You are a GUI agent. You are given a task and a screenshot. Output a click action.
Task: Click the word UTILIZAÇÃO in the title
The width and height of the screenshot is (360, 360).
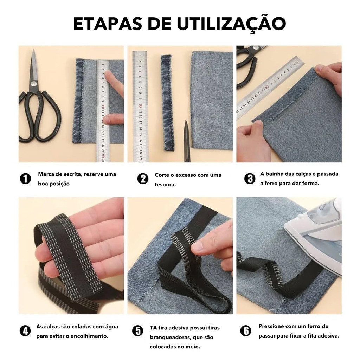click(231, 23)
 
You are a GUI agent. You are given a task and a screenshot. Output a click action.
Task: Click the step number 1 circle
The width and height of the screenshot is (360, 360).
click(25, 179)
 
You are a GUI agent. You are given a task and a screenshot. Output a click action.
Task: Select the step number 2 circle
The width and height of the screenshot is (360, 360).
click(143, 179)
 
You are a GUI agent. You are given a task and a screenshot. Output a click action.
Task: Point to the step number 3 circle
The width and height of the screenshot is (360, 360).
click(250, 179)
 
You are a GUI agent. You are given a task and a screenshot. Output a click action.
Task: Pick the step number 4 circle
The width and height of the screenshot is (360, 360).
click(25, 331)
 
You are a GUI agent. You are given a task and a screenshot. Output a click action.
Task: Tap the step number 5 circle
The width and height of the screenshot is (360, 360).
click(138, 331)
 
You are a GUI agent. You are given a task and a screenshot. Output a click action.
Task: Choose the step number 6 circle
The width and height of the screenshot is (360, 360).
click(246, 331)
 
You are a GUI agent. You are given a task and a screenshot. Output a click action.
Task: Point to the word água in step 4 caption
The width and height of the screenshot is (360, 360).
click(111, 327)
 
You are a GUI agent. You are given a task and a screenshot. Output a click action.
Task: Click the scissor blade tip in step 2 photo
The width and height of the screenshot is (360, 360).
click(186, 121)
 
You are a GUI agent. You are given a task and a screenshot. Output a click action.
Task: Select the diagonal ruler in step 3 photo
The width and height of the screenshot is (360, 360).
click(270, 87)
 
